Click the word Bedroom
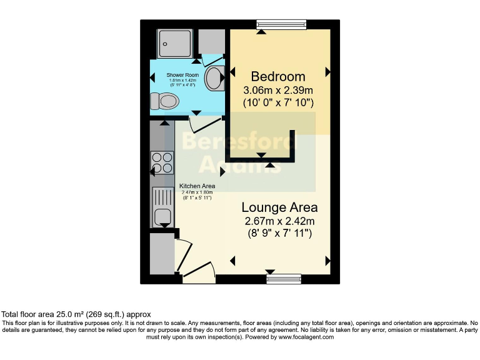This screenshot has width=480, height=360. [278, 76]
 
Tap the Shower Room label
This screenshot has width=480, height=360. [182, 75]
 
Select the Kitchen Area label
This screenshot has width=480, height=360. [197, 186]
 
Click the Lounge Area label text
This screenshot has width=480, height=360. [279, 207]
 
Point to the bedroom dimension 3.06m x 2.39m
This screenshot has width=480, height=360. [278, 90]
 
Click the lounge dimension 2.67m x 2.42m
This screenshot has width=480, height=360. [279, 221]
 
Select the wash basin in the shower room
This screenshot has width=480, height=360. [214, 78]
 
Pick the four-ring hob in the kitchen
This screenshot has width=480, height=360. [162, 162]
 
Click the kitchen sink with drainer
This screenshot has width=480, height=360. [162, 207]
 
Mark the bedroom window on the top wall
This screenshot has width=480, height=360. [281, 24]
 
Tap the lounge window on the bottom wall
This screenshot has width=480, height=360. [279, 279]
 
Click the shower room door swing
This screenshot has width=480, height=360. [203, 123]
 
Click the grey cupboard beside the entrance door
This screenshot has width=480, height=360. [161, 253]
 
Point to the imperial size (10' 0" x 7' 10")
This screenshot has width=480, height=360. [278, 102]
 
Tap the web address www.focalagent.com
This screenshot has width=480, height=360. [306, 337]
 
